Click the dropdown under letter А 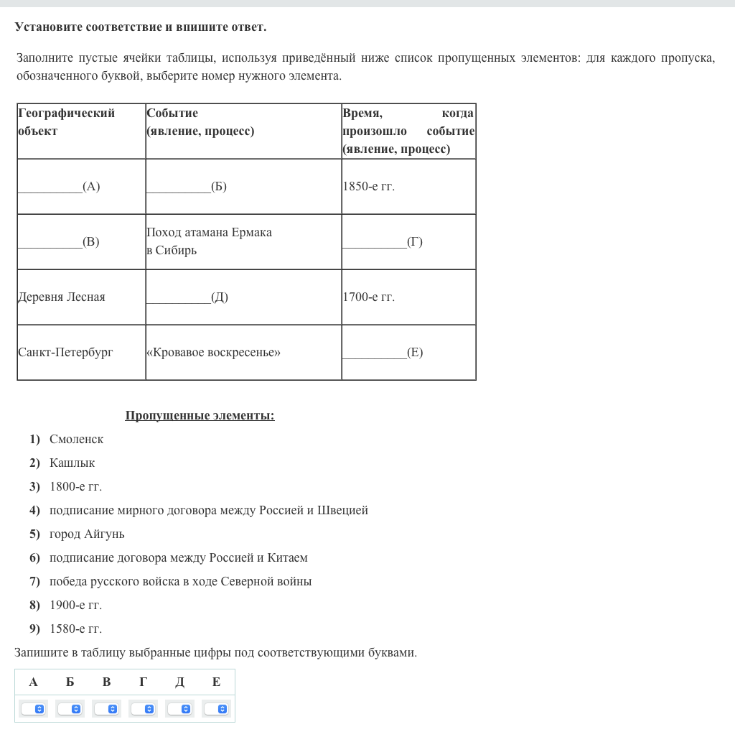click(34, 709)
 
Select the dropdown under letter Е click(216, 709)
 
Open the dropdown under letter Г click(143, 709)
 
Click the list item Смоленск click(76, 439)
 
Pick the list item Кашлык click(72, 463)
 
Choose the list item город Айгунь click(87, 534)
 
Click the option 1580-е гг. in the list click(75, 629)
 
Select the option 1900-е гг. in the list click(75, 605)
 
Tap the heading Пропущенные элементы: click(200, 415)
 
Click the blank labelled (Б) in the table click(186, 187)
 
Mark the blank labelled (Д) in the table click(187, 297)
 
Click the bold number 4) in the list click(34, 510)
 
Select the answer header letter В click(106, 682)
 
